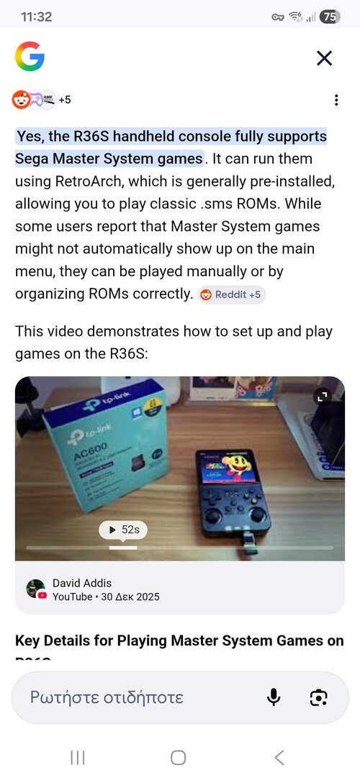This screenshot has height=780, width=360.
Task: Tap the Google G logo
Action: pos(30,57)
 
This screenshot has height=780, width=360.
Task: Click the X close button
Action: pos(325,58)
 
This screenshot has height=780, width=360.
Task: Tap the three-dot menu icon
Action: pos(336,100)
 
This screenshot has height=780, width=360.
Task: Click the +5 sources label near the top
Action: pos(65,100)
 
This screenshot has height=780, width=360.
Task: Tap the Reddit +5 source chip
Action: pos(232,294)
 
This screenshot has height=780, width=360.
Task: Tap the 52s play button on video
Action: pos(124,530)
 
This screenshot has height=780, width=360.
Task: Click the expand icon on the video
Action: pos(321,396)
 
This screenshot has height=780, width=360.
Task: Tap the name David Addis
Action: pos(82,583)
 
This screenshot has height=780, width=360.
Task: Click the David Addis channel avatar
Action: pos(35,589)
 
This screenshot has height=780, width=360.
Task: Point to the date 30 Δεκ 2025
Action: pos(130,597)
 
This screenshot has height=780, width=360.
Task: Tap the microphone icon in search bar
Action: pos(274,697)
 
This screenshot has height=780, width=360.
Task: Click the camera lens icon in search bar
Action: pos(318,697)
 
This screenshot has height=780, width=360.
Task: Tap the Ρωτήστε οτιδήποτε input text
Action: pos(107,697)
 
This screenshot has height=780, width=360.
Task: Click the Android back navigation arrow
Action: pos(279,757)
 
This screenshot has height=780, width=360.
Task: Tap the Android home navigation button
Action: pos(179,757)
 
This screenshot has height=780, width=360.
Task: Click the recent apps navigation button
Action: pos(78,757)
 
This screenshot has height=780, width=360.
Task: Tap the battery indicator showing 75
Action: pos(330,17)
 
